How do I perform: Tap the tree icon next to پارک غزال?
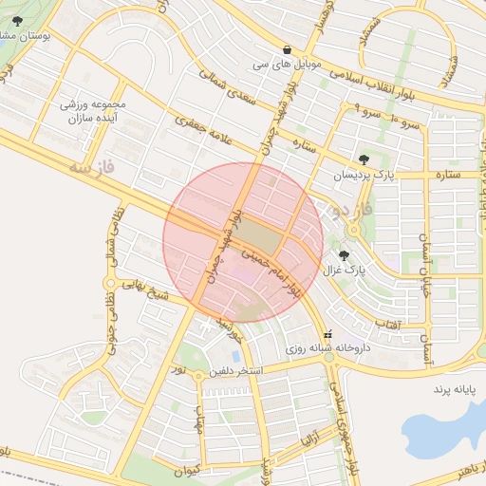344,255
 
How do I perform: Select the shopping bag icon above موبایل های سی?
287,49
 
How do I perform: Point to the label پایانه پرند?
453,390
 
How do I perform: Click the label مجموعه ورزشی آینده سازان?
89,113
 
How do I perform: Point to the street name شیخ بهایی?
158,290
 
